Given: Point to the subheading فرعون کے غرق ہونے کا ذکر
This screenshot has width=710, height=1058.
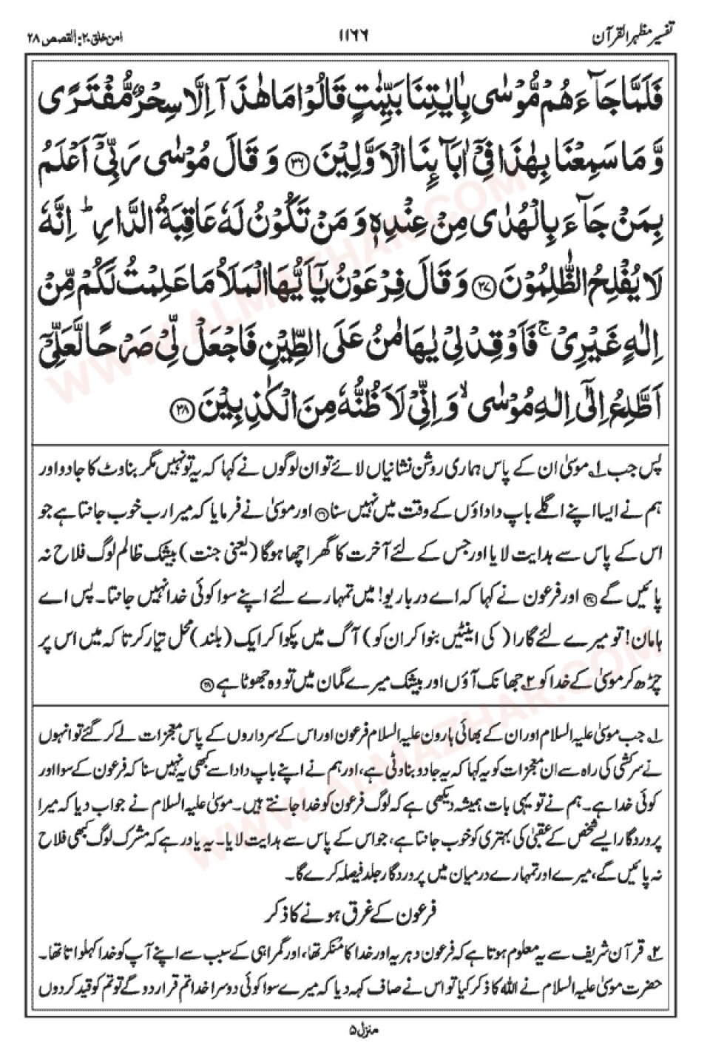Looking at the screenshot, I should pos(354,914).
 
